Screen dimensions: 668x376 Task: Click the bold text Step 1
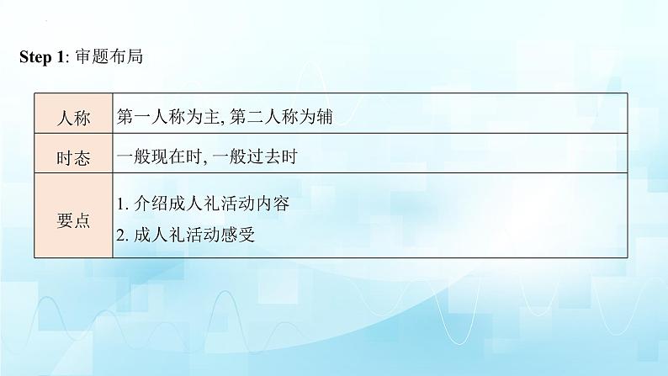point(41,57)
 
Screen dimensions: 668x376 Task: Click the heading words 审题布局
point(109,56)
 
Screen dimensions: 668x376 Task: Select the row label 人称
point(73,118)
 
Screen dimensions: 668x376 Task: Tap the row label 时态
point(73,158)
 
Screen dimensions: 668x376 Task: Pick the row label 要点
point(73,220)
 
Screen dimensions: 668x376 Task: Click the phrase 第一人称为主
point(168,117)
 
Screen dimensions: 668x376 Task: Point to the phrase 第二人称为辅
point(281,117)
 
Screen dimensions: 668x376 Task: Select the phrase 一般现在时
point(159,156)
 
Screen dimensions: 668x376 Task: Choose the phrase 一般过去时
point(254,156)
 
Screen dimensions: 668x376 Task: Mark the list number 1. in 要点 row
point(123,204)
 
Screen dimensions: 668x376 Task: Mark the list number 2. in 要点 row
point(123,236)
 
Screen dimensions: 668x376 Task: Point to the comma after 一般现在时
point(204,162)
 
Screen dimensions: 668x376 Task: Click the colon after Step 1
point(67,59)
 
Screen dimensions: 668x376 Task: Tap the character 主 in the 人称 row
point(211,117)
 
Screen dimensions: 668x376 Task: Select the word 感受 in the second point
point(238,235)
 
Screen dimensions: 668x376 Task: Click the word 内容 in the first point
point(273,204)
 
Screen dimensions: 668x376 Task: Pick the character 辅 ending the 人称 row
point(324,117)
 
